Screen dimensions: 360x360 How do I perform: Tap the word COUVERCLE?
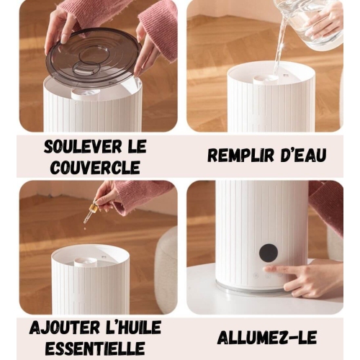pos(94,167)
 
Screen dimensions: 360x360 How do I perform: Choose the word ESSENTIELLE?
pos(94,347)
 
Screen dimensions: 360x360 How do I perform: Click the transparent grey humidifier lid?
pos(93,58)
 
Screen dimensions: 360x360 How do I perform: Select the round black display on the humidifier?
pos(269,252)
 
